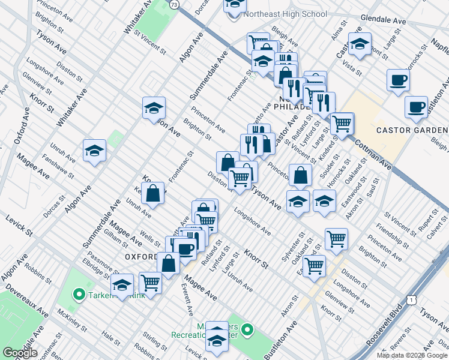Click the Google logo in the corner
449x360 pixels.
(20, 353)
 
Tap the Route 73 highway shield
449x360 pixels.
(174, 4)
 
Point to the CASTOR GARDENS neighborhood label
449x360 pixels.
(412, 130)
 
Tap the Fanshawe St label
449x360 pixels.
(58, 167)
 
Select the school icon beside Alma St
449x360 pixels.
(360, 44)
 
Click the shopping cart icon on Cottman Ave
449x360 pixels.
(342, 124)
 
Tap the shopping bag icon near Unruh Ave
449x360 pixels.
(154, 193)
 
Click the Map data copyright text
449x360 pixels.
(412, 355)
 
